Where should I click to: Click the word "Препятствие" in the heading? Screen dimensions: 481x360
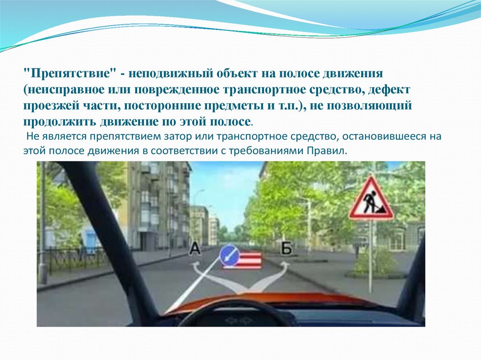click(70, 74)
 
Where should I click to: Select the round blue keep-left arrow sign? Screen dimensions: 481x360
click(229, 254)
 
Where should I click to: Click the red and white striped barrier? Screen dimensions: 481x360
click(243, 260)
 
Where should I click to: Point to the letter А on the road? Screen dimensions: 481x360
click(195, 249)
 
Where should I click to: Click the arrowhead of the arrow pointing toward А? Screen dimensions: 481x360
click(195, 267)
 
